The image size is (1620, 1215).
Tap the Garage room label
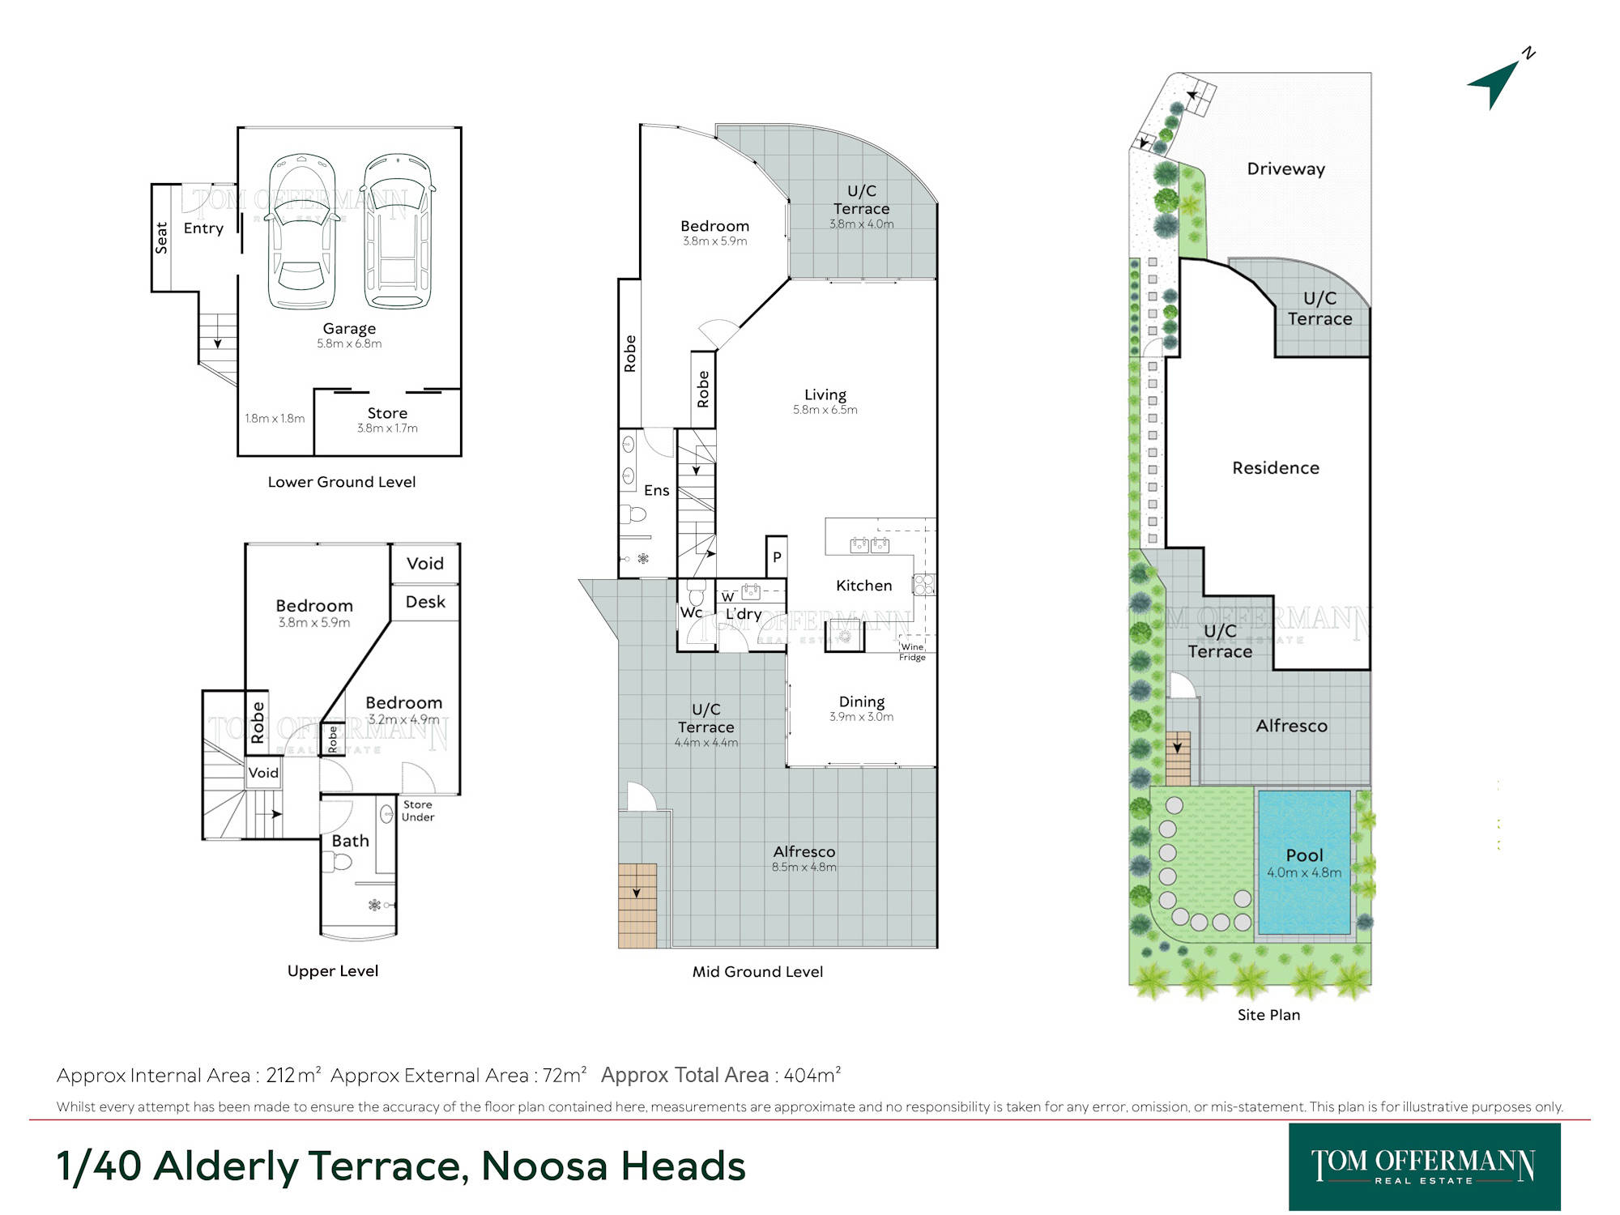349,328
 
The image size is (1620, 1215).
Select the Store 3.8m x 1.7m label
387,420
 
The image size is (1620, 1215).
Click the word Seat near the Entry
161,237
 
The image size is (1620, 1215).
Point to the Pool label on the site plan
1304,855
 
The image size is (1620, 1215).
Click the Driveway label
1285,168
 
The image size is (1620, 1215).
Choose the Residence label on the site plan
1276,467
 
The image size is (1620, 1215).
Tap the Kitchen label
863,585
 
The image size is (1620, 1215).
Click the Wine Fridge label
912,652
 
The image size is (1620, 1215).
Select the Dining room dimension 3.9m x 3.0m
861,717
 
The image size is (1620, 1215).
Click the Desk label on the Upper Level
425,602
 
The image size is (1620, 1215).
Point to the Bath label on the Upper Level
350,841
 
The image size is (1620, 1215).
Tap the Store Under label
418,811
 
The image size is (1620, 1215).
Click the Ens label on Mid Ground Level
657,490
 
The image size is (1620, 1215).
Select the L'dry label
744,614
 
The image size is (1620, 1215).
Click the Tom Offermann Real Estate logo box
1424,1166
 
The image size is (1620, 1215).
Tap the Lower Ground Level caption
342,482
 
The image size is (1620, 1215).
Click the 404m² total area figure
812,1075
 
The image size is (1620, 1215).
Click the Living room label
825,394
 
